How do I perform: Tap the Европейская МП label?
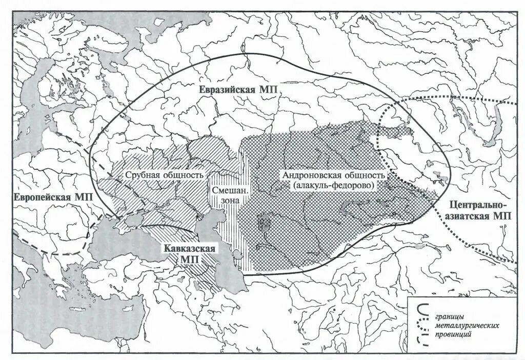click(x=50, y=197)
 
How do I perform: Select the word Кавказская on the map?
click(x=189, y=249)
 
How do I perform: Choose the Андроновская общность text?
click(x=333, y=175)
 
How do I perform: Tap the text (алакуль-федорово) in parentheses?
click(x=333, y=185)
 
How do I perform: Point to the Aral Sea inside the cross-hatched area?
click(x=264, y=224)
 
